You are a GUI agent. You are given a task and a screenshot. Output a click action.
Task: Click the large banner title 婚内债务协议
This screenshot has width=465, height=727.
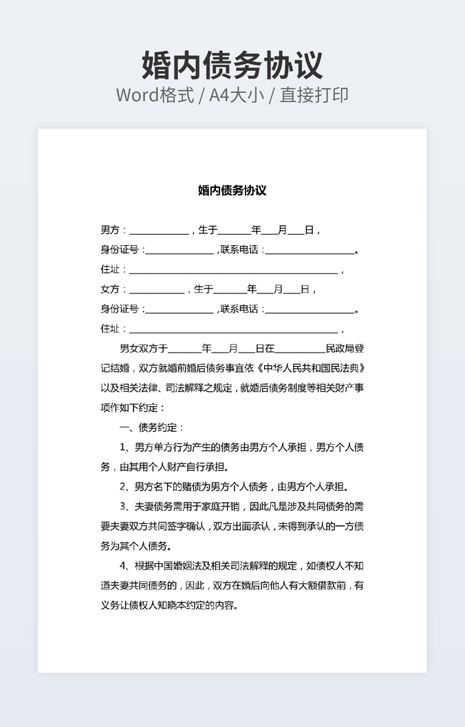[232, 65]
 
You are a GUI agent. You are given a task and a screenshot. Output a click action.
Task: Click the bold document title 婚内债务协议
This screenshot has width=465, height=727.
[232, 191]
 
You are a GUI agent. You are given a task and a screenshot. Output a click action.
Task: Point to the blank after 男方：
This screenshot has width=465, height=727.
[158, 232]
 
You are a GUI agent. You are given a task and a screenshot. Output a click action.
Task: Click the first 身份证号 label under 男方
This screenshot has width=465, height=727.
[119, 250]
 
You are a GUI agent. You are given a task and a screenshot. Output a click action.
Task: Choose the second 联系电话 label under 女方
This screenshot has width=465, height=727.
[239, 310]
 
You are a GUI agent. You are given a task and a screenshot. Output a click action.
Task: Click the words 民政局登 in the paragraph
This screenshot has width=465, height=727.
[345, 349]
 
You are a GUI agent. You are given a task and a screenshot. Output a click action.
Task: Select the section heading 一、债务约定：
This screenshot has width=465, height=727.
[152, 428]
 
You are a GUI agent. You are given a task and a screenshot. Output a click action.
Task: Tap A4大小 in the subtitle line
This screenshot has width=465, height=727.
[237, 95]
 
